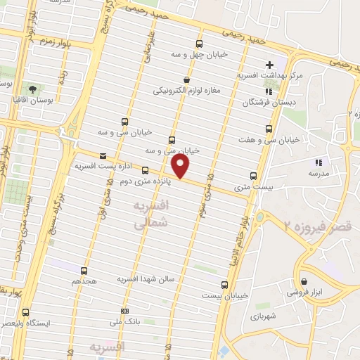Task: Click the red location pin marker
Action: pyautogui.click(x=181, y=166)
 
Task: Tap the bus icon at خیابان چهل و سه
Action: pyautogui.click(x=199, y=44)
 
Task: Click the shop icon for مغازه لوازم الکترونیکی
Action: pyautogui.click(x=186, y=80)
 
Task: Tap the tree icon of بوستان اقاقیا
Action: pyautogui.click(x=33, y=89)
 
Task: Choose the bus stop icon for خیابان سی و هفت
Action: pyautogui.click(x=269, y=129)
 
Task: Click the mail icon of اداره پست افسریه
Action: pyautogui.click(x=103, y=155)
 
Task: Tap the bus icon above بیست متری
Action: pyautogui.click(x=254, y=176)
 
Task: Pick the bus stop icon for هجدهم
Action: pyautogui.click(x=84, y=271)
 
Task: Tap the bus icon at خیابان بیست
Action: pyautogui.click(x=224, y=285)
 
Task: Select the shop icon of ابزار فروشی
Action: pyautogui.click(x=304, y=276)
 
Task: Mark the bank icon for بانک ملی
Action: pyautogui.click(x=124, y=310)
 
